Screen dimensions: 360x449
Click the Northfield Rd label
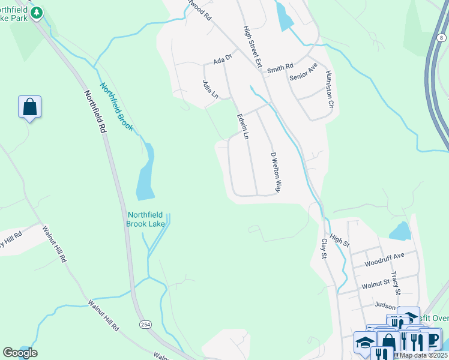tap(95, 111)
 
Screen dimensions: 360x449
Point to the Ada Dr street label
tap(223, 59)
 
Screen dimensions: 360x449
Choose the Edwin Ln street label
tap(243, 127)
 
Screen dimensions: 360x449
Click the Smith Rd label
tap(280, 68)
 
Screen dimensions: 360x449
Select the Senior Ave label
tap(303, 71)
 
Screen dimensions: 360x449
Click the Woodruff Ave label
tap(384, 259)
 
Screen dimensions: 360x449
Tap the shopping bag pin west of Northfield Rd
tap(29, 107)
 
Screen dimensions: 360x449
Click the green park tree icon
tap(37, 12)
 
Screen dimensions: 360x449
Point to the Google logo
tap(20, 353)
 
